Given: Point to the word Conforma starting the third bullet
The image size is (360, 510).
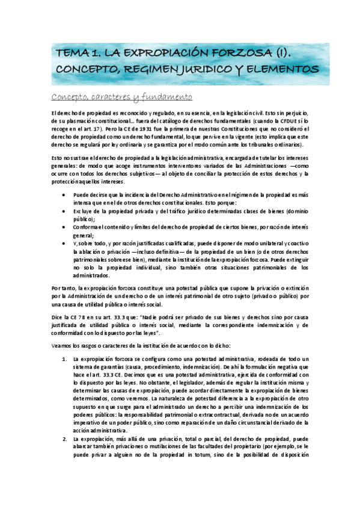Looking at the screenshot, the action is (87, 227).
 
